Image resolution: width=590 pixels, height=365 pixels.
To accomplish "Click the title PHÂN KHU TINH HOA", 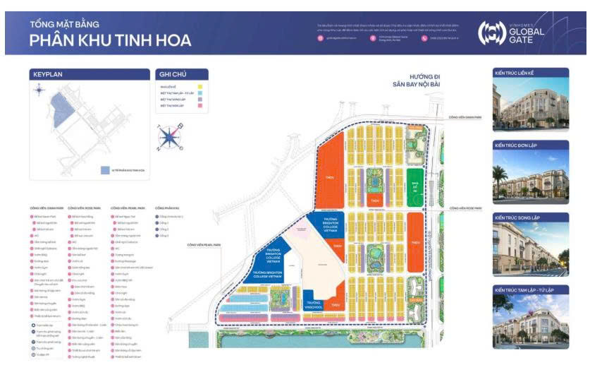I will [x=110, y=40].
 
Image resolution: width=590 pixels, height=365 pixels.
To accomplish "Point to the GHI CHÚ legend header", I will [x=172, y=73].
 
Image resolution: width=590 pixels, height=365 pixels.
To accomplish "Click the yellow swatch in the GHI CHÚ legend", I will [x=201, y=87].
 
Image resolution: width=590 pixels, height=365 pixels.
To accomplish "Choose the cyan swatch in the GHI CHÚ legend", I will [x=201, y=100].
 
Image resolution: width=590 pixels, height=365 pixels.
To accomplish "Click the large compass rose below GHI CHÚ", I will [x=171, y=136].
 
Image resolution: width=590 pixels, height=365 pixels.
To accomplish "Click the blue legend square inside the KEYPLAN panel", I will [x=104, y=170].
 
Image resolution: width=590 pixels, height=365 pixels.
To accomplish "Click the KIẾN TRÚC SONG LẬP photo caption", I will [x=518, y=218].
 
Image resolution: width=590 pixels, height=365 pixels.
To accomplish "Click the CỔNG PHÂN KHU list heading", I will [x=169, y=208].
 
